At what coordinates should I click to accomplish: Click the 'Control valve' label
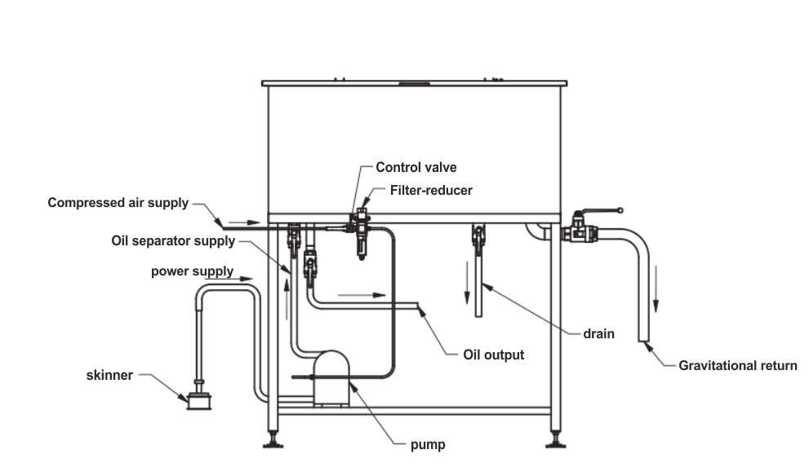point(416,167)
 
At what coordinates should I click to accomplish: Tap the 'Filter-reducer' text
point(431,190)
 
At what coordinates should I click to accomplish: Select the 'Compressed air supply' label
point(118,203)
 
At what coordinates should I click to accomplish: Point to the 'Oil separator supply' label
point(173,241)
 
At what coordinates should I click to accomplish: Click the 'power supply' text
point(193,271)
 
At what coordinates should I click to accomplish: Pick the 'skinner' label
point(109,375)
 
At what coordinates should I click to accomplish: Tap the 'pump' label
point(428,444)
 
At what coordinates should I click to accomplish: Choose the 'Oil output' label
point(493,355)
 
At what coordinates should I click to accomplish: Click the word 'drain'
point(598,334)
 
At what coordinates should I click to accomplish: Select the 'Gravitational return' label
point(738,366)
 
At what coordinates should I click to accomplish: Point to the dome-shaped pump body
point(331,378)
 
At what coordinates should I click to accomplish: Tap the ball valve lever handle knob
point(620,210)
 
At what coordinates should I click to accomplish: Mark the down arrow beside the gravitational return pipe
point(656,289)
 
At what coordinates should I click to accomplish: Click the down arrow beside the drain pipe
point(467,282)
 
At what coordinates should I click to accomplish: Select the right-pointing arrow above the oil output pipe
point(362,295)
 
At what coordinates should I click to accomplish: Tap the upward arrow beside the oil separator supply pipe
point(287,299)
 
